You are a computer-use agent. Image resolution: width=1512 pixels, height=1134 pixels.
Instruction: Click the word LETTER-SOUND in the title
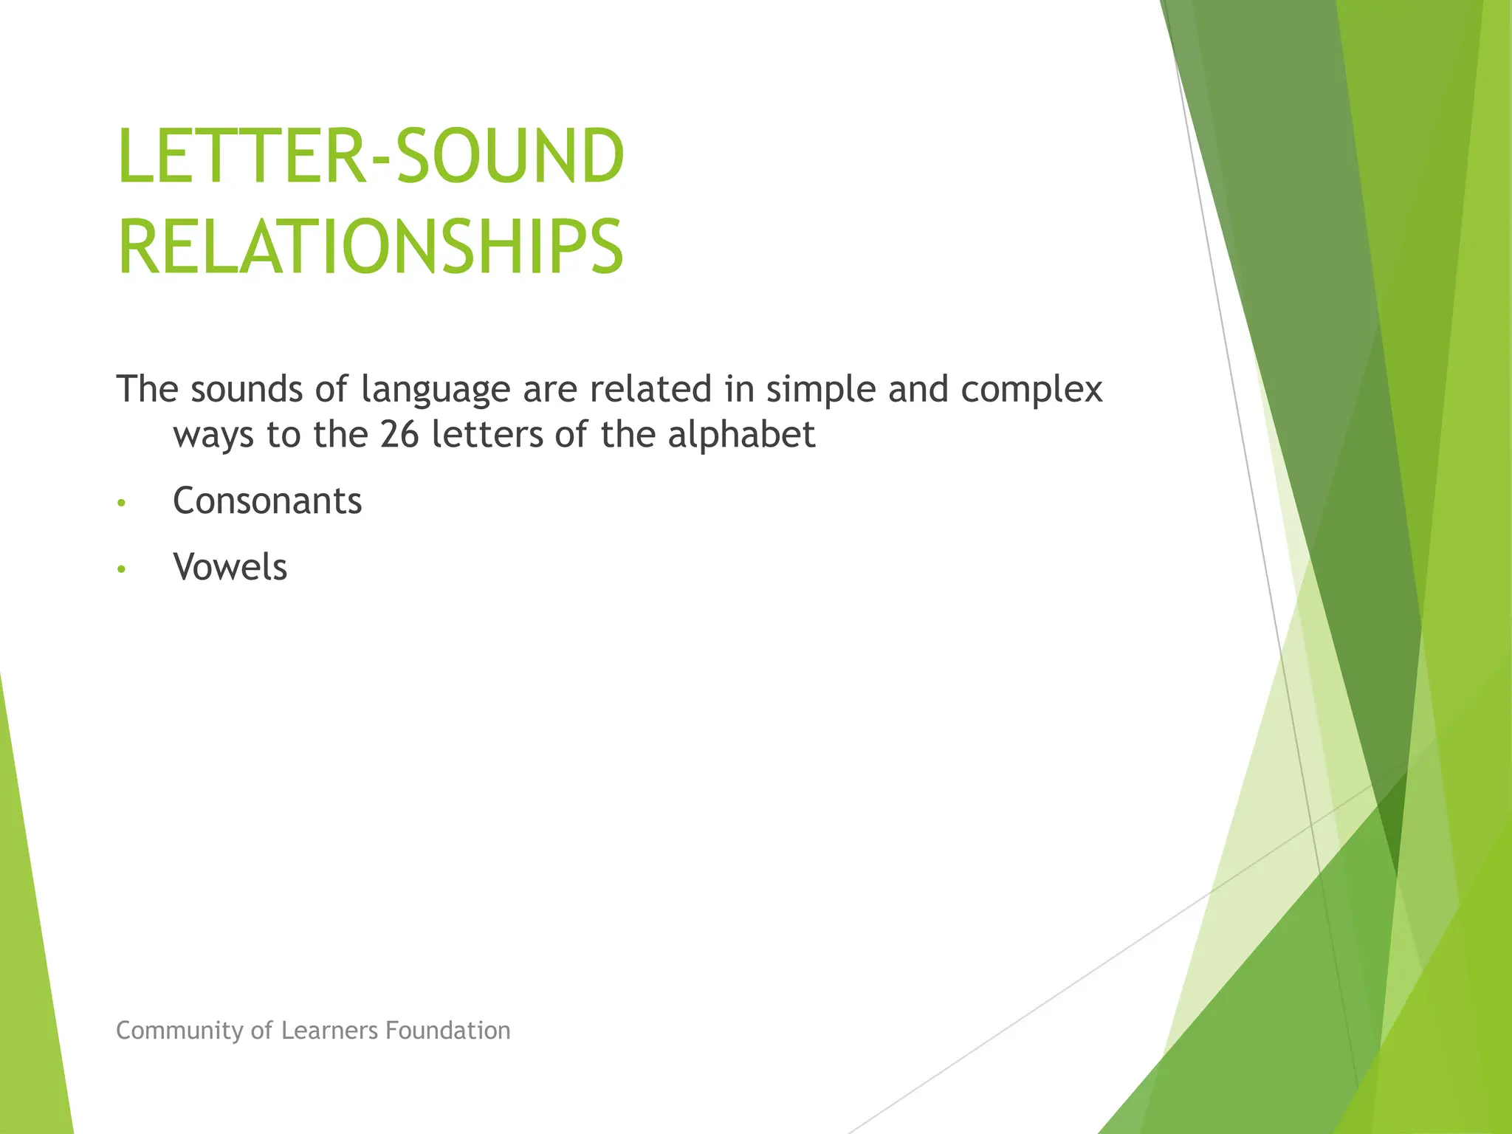tap(371, 157)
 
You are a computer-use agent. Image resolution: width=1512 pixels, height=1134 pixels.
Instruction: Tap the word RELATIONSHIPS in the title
tap(371, 247)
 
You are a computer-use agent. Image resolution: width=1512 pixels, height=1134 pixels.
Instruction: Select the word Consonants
tap(267, 501)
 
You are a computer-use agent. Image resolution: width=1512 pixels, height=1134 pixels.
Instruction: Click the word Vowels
tap(230, 568)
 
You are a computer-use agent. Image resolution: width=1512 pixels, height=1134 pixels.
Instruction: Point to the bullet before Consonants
tap(122, 504)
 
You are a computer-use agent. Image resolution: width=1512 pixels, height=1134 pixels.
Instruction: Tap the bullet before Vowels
tap(122, 569)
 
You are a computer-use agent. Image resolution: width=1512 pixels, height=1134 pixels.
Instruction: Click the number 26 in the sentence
tap(399, 435)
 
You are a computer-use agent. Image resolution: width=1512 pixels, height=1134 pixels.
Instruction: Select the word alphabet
tap(741, 435)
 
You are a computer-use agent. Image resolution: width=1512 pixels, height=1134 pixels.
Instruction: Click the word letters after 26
tap(486, 435)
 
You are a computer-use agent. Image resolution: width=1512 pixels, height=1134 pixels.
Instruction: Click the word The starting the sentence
tap(147, 389)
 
